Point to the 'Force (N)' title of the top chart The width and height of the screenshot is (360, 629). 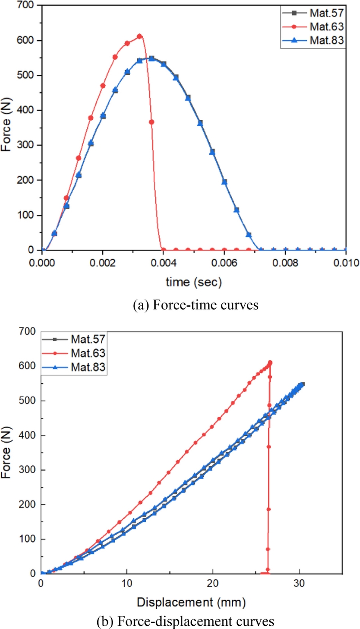(x=8, y=127)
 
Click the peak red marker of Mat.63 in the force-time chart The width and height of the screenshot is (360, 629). (x=139, y=36)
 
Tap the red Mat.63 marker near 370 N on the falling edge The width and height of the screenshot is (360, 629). (x=152, y=122)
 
